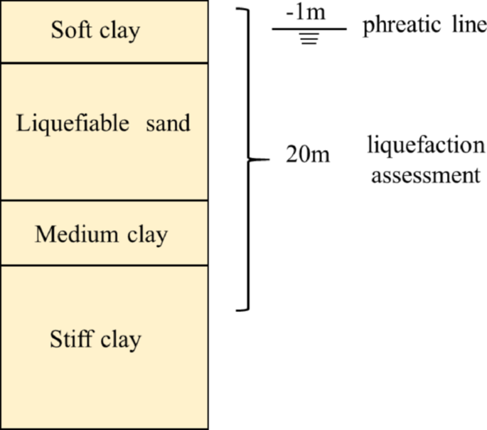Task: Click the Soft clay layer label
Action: pos(95,31)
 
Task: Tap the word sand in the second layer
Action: pos(168,123)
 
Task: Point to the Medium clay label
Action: pos(101,234)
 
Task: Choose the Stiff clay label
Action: pos(95,339)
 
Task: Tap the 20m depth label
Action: pos(308,154)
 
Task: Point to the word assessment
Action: pos(424,174)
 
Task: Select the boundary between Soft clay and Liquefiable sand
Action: pos(104,63)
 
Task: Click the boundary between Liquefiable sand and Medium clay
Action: pos(104,201)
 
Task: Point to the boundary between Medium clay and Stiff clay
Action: pos(104,266)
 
